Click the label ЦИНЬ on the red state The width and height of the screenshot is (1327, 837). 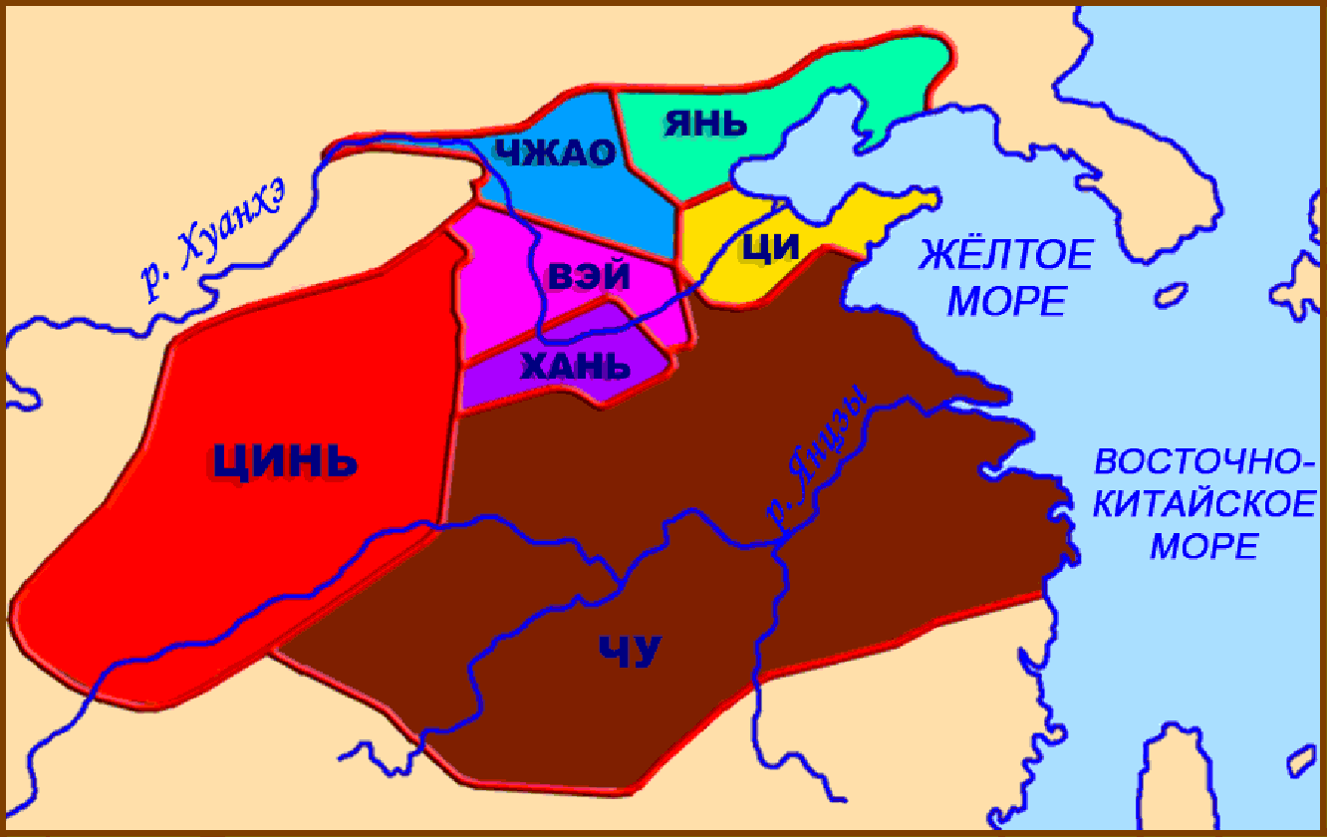point(285,459)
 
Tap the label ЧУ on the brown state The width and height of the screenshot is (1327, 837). point(630,652)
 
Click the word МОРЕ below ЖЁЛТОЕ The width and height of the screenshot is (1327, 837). point(1006,299)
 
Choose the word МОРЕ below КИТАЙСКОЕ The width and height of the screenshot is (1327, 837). point(1204,545)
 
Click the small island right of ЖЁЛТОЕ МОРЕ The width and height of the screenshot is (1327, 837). point(1172,295)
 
